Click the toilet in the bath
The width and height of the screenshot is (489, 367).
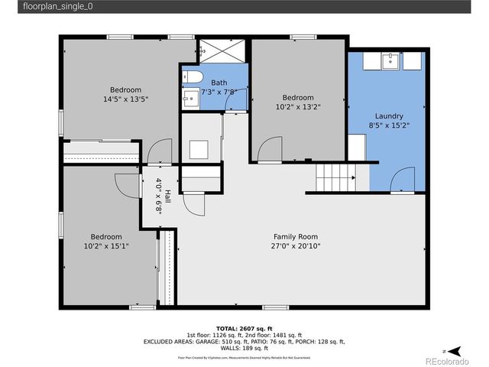point(192,77)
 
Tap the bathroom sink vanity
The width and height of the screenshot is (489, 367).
point(189,98)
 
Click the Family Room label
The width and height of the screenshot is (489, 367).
point(296,236)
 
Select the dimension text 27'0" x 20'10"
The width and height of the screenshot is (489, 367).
point(296,246)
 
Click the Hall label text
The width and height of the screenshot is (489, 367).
point(167,197)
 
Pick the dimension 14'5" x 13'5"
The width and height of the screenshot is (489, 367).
point(125,99)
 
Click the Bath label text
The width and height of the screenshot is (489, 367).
point(219,83)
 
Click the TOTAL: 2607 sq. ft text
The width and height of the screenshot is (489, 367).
point(244,327)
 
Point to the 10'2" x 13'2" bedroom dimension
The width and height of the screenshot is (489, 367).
point(297,107)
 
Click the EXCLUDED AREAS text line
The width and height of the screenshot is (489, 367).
point(244,342)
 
